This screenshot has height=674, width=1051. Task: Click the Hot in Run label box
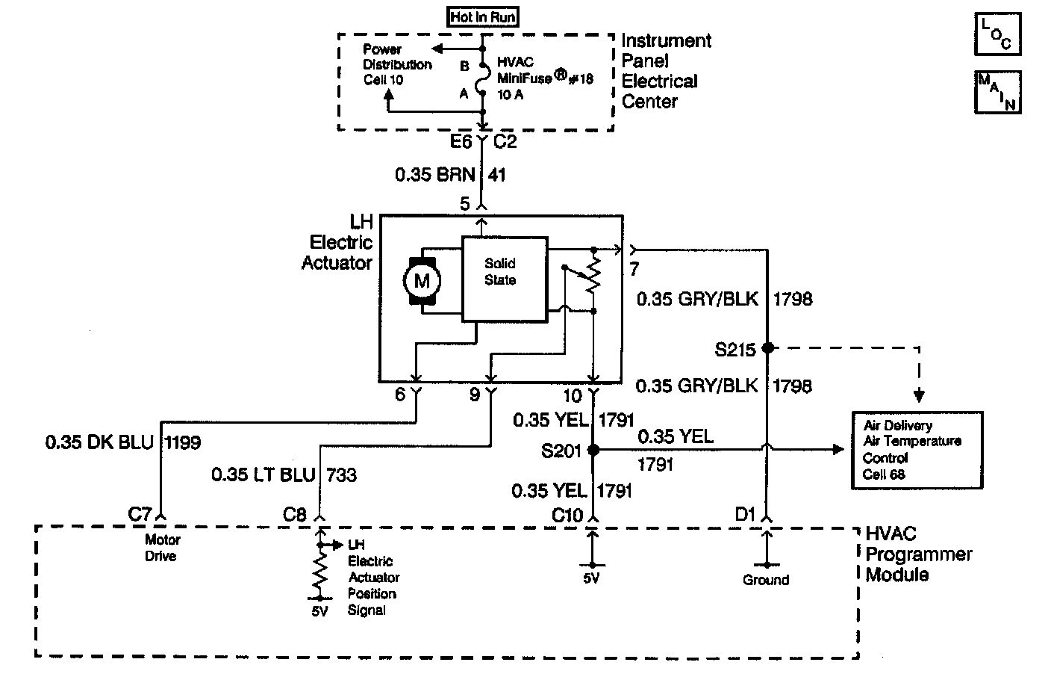pyautogui.click(x=484, y=17)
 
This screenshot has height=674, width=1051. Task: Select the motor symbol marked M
pyautogui.click(x=422, y=281)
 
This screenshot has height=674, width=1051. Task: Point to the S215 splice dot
pyautogui.click(x=767, y=348)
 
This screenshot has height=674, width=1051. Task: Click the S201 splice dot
pyautogui.click(x=593, y=450)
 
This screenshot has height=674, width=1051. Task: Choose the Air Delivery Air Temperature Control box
pyautogui.click(x=917, y=449)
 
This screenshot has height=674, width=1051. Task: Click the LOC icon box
pyautogui.click(x=997, y=34)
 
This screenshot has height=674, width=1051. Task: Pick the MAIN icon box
pyautogui.click(x=997, y=91)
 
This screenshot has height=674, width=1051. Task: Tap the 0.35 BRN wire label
pyautogui.click(x=434, y=175)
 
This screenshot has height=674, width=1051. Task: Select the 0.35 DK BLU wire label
pyautogui.click(x=99, y=442)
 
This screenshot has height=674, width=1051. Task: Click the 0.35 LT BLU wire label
pyautogui.click(x=262, y=474)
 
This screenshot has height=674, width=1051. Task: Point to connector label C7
pyautogui.click(x=140, y=513)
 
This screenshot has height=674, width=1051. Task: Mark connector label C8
pyautogui.click(x=295, y=514)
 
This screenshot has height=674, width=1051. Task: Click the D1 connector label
pyautogui.click(x=746, y=513)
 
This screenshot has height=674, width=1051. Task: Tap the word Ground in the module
pyautogui.click(x=766, y=580)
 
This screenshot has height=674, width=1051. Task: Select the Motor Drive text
pyautogui.click(x=163, y=548)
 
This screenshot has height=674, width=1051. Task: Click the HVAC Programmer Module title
pyautogui.click(x=918, y=554)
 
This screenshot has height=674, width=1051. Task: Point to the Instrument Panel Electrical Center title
pyautogui.click(x=666, y=71)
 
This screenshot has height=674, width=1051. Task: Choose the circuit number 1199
pyautogui.click(x=182, y=442)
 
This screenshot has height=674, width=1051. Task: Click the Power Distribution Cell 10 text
pyautogui.click(x=397, y=64)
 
